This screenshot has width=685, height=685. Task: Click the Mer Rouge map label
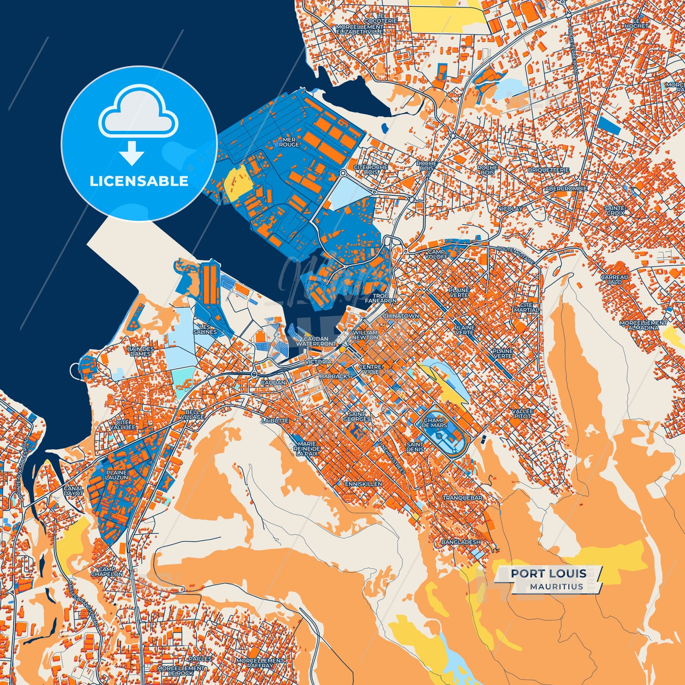pos(289,142)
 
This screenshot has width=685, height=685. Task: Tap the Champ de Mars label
pos(434,423)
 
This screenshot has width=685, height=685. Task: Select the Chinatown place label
pos(401,316)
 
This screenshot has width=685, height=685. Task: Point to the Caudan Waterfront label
pos(316,341)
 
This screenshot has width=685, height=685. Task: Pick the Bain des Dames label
pos(140,351)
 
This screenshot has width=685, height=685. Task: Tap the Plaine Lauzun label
pos(117,475)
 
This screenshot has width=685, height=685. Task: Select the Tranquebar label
pos(462,498)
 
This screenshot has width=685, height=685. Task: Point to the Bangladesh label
pos(461,542)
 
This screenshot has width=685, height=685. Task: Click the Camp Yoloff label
pos(436,255)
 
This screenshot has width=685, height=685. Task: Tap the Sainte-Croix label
pos(615,210)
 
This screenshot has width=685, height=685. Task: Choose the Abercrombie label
pos(566,189)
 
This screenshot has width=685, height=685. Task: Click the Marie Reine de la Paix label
pos(307,448)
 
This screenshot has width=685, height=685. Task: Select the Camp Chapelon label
pos(107,572)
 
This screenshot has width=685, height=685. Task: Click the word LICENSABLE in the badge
pos(139,181)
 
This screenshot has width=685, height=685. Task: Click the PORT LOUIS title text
pos(548,574)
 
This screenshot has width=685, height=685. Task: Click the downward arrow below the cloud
pos(132,153)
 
